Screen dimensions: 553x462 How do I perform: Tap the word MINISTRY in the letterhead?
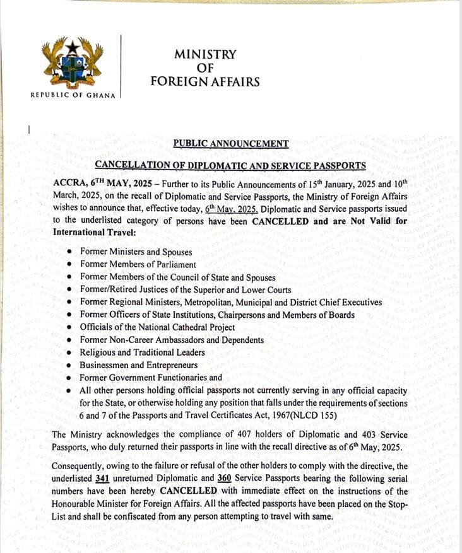click(204, 55)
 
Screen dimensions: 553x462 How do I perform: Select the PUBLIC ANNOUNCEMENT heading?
click(231, 144)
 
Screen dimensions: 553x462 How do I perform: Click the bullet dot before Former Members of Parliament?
click(70, 265)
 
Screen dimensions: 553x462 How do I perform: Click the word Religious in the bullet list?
click(101, 352)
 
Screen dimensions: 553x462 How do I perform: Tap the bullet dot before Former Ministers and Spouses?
click(70, 252)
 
